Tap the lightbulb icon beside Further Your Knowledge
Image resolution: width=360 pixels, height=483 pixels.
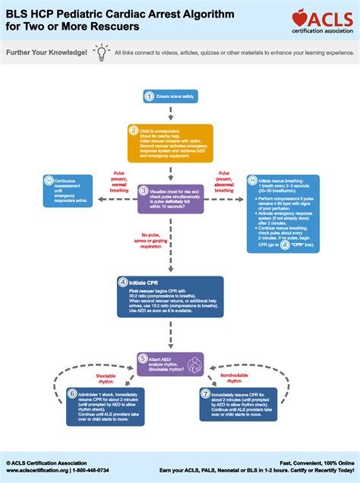[101, 52]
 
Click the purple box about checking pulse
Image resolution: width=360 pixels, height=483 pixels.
[171, 198]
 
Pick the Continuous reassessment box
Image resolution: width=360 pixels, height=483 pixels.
[68, 191]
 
